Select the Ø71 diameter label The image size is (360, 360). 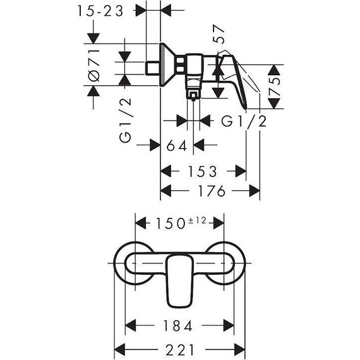[x=94, y=66]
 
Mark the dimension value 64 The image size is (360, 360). [x=178, y=146]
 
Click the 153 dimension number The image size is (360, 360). [x=203, y=171]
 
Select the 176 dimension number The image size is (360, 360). [x=210, y=191]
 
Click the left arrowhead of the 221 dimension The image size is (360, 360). [x=119, y=349]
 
